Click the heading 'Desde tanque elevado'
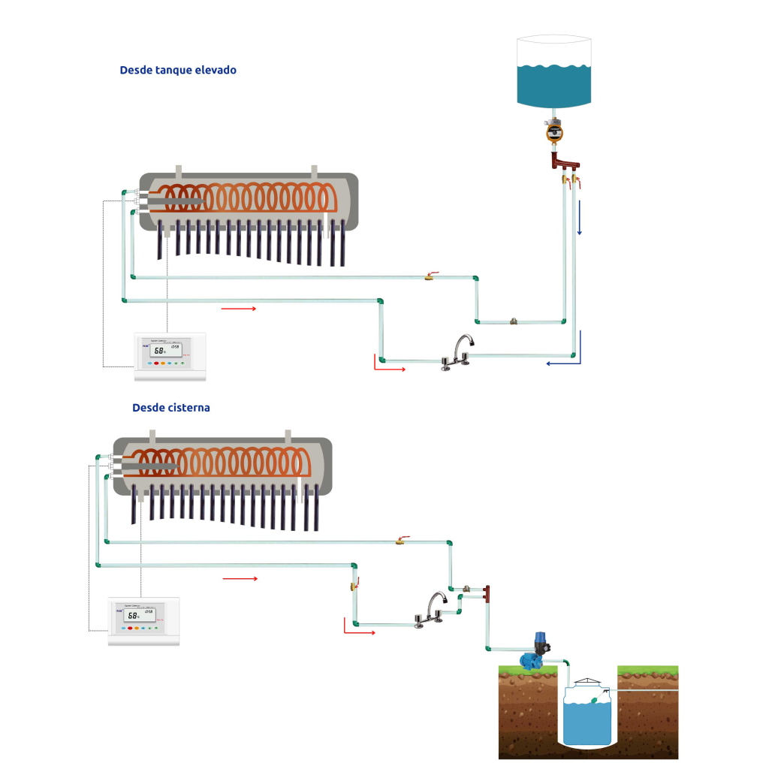click(178, 70)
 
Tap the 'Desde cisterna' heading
click(171, 408)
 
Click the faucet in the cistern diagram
click(431, 608)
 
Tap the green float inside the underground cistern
click(593, 701)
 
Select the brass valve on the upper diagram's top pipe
click(429, 277)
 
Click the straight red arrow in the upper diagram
click(239, 308)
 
